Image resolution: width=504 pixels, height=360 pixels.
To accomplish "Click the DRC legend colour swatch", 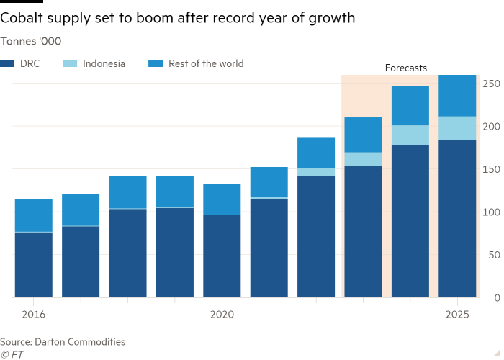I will [6, 63].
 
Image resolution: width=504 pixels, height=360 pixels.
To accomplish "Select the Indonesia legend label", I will [104, 63].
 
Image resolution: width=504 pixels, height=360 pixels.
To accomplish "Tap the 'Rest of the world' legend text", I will [206, 63].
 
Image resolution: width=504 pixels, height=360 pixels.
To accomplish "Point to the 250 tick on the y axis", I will [492, 84].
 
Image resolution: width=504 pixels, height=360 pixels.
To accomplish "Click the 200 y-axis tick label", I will [492, 127].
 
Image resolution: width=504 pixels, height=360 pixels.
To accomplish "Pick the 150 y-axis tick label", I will [492, 169].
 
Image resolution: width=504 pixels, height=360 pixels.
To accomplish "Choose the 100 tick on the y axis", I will [492, 212].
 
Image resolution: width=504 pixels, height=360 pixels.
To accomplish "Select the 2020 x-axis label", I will [222, 315].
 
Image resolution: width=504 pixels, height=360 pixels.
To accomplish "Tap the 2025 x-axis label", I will [458, 315].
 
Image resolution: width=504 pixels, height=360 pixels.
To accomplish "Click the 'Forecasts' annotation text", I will [405, 68].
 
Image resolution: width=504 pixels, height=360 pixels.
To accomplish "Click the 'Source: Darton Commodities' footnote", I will [63, 342].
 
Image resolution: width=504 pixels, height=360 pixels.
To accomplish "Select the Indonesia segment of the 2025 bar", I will [457, 128].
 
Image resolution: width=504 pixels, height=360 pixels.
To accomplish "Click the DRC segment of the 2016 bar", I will [33, 264].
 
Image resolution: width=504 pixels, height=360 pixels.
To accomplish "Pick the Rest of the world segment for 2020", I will [222, 199].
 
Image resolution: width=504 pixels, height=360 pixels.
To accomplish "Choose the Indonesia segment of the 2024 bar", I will [410, 135].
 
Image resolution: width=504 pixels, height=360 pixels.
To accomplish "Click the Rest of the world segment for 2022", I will [316, 153].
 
